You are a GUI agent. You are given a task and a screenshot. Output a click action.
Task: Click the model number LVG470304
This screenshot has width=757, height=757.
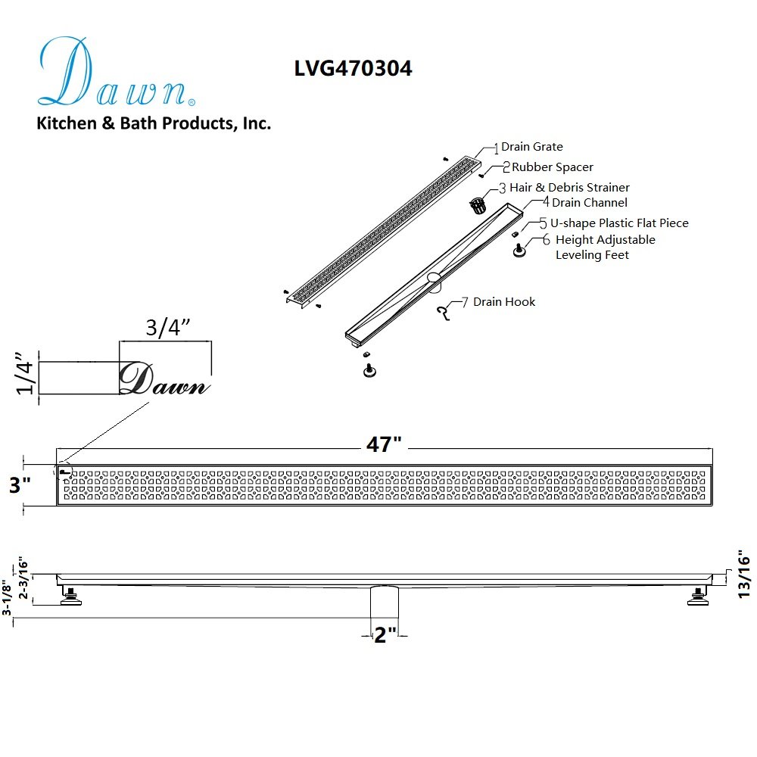point(353,68)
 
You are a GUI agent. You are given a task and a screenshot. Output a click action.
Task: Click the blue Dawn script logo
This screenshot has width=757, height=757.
point(117,72)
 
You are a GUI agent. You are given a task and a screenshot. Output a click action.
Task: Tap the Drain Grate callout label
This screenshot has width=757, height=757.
point(532,147)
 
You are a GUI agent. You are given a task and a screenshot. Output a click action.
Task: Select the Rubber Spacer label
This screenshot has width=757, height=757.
point(553,167)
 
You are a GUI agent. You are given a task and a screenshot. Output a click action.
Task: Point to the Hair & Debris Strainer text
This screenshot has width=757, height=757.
point(569,187)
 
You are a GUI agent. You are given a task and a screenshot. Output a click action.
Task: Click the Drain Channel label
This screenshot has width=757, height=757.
point(590,203)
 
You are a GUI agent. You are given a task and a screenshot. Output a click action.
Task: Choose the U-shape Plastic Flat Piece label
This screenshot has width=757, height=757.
point(619,223)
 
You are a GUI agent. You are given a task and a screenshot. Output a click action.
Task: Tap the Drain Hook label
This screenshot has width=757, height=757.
point(504,302)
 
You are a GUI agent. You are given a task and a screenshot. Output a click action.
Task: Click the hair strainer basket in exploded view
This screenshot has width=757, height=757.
point(478,205)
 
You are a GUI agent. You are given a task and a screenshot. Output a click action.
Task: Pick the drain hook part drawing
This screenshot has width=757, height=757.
point(443,313)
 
